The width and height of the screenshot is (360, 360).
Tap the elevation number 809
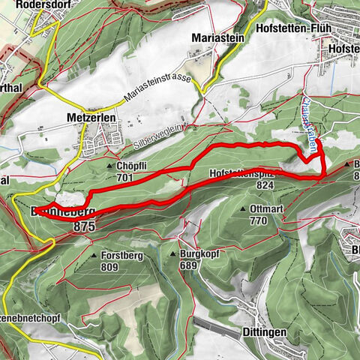(110, 266)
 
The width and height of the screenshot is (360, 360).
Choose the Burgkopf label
(200, 254)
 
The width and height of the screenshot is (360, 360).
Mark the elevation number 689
(190, 265)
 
